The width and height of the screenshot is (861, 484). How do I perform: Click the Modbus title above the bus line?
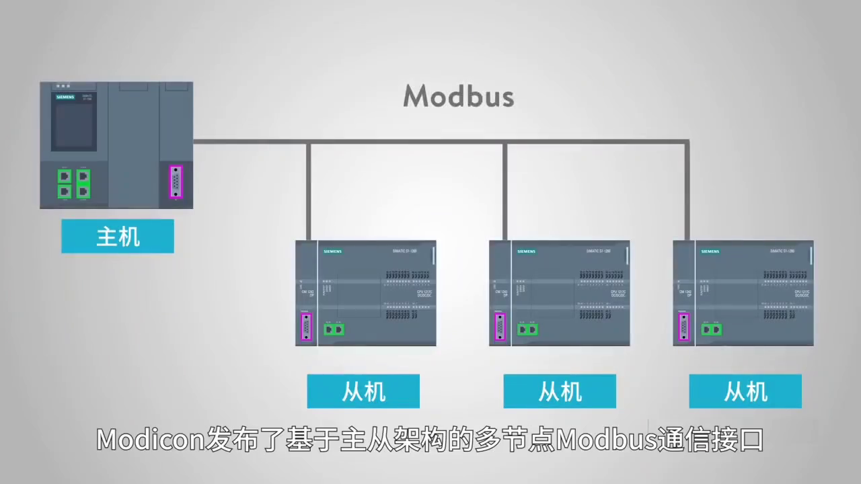coord(459,96)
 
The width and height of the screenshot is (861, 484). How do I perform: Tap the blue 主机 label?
coord(118,237)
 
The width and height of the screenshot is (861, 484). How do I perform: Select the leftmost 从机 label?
coord(363,391)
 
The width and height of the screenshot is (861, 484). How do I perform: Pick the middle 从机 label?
coord(560,391)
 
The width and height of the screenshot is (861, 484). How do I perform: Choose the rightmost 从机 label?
coord(745,391)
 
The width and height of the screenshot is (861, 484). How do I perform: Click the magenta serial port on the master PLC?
coord(176,182)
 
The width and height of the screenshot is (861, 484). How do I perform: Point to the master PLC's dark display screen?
coord(74,125)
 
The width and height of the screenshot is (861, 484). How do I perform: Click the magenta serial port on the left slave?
coord(306,327)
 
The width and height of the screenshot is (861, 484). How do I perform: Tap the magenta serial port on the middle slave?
coord(500,327)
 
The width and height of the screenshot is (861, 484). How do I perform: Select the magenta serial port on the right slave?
coord(684,327)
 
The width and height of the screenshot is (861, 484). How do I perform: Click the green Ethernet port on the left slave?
coord(334,329)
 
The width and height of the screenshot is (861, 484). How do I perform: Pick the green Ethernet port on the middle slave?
coord(527,329)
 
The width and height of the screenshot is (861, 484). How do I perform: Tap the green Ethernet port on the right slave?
coord(712,329)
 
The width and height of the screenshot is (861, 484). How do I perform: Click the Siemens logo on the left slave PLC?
coord(332,251)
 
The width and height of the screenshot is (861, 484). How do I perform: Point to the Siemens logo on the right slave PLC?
coord(710,251)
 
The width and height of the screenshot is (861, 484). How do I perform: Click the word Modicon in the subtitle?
coord(150,440)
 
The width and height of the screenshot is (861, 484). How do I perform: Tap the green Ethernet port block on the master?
coord(74,184)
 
